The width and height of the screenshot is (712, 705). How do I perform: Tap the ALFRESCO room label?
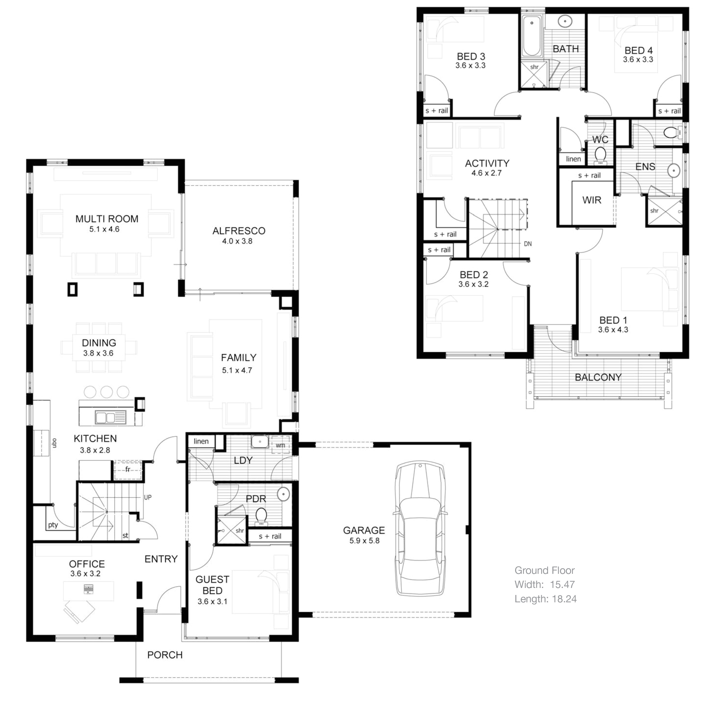coord(239,231)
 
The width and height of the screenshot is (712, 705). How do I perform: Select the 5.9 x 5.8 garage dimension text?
coord(364,541)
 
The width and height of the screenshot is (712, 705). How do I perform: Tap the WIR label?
coord(591,200)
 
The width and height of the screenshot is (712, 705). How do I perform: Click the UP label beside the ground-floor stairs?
coord(147,497)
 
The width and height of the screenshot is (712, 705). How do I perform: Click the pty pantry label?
coord(53,525)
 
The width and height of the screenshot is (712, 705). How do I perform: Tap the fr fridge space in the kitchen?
coord(127,469)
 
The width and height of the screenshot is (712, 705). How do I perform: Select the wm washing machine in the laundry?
coord(280,445)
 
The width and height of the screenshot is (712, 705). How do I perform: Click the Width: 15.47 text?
coord(544,584)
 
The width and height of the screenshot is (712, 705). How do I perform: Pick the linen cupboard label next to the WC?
coord(573,159)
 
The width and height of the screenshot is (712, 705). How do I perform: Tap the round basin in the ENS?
coord(674,170)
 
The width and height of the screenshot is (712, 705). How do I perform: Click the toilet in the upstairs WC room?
coord(600,154)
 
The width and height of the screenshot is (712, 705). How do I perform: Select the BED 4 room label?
coord(638,50)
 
